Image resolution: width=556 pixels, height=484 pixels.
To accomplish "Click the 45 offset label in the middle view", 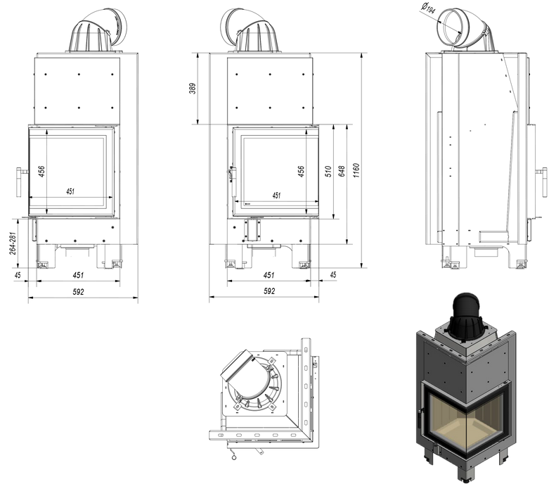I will coord(332,274).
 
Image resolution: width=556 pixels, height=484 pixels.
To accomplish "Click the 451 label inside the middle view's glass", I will coord(276,196).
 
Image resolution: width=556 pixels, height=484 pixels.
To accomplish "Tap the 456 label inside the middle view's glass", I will coord(301,171).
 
